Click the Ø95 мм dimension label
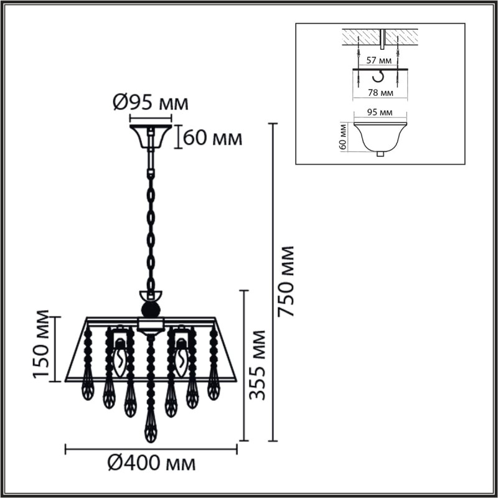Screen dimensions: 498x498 [x=150, y=103]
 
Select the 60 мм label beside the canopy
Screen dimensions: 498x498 [x=213, y=138]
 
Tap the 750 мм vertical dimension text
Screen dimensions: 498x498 [x=287, y=281]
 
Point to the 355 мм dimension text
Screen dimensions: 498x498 [x=257, y=366]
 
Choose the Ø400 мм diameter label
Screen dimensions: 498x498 [x=151, y=463]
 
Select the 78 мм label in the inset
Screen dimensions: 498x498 [x=379, y=93]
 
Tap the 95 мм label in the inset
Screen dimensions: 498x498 [x=379, y=113]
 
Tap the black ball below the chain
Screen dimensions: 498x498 [x=150, y=309]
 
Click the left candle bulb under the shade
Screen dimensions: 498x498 [x=120, y=359]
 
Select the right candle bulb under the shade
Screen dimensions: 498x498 [x=181, y=359]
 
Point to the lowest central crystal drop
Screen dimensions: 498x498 [x=150, y=428]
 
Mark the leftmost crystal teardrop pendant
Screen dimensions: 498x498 [x=88, y=387]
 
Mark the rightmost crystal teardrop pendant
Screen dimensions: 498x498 [x=214, y=387]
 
